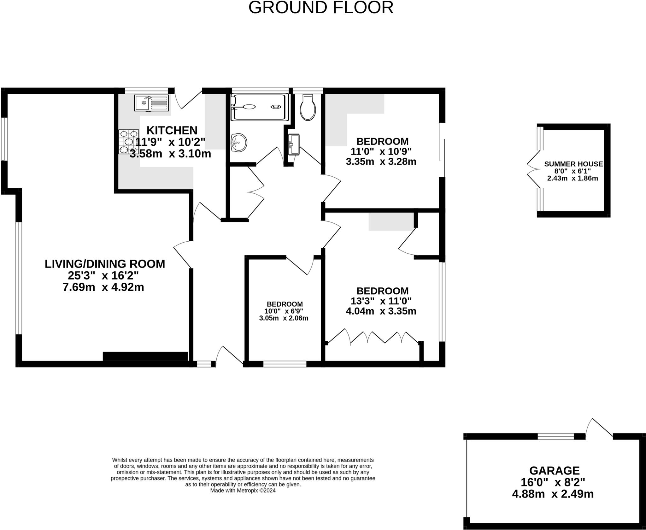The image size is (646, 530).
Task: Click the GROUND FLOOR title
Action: [321, 8]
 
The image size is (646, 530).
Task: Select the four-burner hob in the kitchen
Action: [129, 142]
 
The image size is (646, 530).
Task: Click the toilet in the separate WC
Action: [308, 108]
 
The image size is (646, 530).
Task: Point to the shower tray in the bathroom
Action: [260, 107]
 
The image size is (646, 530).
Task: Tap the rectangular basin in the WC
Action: [294, 144]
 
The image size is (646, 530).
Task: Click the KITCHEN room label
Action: [172, 130]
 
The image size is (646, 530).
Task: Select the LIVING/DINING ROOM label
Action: [105, 264]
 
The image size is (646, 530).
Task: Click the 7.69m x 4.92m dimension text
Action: [103, 287]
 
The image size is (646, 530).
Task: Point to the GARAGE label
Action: [554, 471]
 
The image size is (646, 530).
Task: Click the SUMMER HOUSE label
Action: [573, 164]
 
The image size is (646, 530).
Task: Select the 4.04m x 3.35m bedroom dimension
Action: [381, 311]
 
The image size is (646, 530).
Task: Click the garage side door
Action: [599, 429]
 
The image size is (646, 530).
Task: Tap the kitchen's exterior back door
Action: [188, 99]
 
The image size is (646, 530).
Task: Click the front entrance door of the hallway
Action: [230, 356]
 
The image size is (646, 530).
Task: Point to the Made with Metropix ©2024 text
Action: [243, 491]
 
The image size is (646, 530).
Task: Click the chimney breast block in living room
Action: [145, 356]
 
